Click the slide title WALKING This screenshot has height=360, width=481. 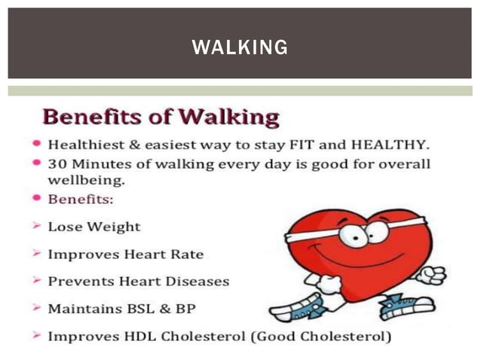pyautogui.click(x=240, y=47)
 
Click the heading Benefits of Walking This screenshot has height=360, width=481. pyautogui.click(x=161, y=117)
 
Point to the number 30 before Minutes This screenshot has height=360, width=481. pyautogui.click(x=57, y=164)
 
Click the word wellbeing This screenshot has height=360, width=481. pyautogui.click(x=86, y=181)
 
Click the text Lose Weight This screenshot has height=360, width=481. pyautogui.click(x=93, y=226)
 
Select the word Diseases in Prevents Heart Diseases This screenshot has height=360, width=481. pyautogui.click(x=195, y=281)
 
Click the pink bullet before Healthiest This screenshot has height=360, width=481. pyautogui.click(x=36, y=144)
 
